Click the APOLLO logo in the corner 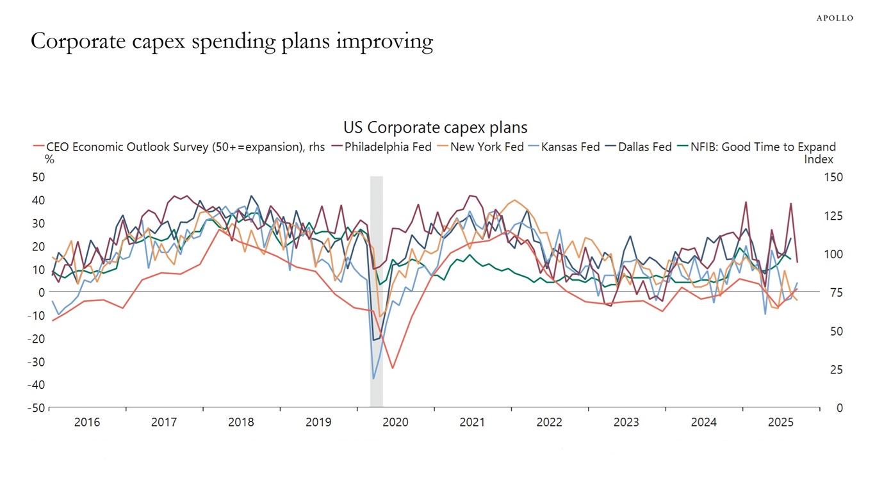(834, 18)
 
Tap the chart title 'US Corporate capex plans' (435, 127)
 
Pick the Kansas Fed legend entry (570, 147)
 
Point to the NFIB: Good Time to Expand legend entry (762, 147)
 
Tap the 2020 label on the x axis (395, 423)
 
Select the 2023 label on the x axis (626, 423)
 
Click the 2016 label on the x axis (87, 423)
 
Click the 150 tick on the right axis (834, 177)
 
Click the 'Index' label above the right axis (819, 159)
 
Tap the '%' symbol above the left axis (49, 160)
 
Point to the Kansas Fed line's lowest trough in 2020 (373, 379)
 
